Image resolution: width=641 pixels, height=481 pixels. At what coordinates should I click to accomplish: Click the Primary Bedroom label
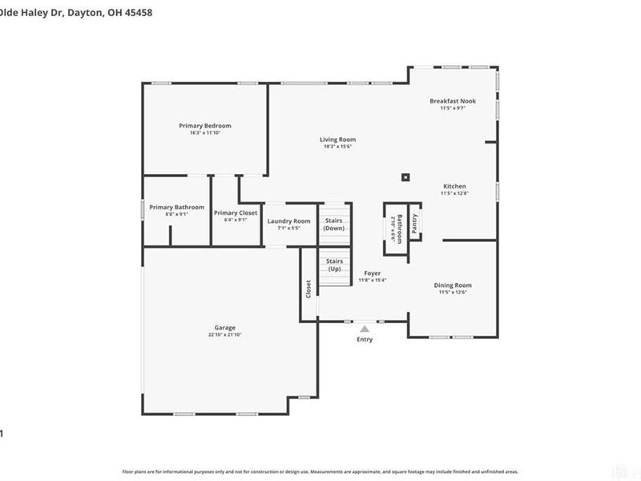pos(205,126)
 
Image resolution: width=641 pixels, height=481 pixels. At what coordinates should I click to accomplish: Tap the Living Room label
pos(337,139)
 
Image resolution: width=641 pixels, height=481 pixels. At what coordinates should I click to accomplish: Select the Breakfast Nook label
pos(453,101)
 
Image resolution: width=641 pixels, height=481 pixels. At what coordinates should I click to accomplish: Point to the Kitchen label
pos(454,186)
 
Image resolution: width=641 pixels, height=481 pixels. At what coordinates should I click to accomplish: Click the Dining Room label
pos(453,285)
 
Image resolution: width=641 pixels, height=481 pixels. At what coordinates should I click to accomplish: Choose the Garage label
pos(224,328)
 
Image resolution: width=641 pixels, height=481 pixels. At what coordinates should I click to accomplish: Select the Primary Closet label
pos(236,212)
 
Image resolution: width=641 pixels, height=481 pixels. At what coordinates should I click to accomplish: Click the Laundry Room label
pos(288,221)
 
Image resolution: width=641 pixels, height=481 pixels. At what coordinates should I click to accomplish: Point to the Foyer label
pos(373,273)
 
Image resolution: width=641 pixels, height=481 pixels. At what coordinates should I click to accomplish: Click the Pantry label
pos(414,224)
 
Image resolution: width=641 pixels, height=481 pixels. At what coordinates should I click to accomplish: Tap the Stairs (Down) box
pos(334,224)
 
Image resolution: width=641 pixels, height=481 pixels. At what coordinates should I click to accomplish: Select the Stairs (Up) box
pos(334,265)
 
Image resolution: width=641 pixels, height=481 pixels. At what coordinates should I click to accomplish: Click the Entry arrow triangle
pos(365,329)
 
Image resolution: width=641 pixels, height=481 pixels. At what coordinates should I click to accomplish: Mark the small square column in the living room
pos(406,177)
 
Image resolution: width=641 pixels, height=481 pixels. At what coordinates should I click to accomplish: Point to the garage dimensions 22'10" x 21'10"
pos(224,335)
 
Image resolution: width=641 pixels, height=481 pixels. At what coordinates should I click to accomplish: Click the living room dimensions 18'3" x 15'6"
pos(337,147)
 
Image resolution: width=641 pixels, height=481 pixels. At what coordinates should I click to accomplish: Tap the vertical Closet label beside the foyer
pos(308,289)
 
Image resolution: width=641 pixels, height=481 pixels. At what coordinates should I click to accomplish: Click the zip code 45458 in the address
pos(138,13)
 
